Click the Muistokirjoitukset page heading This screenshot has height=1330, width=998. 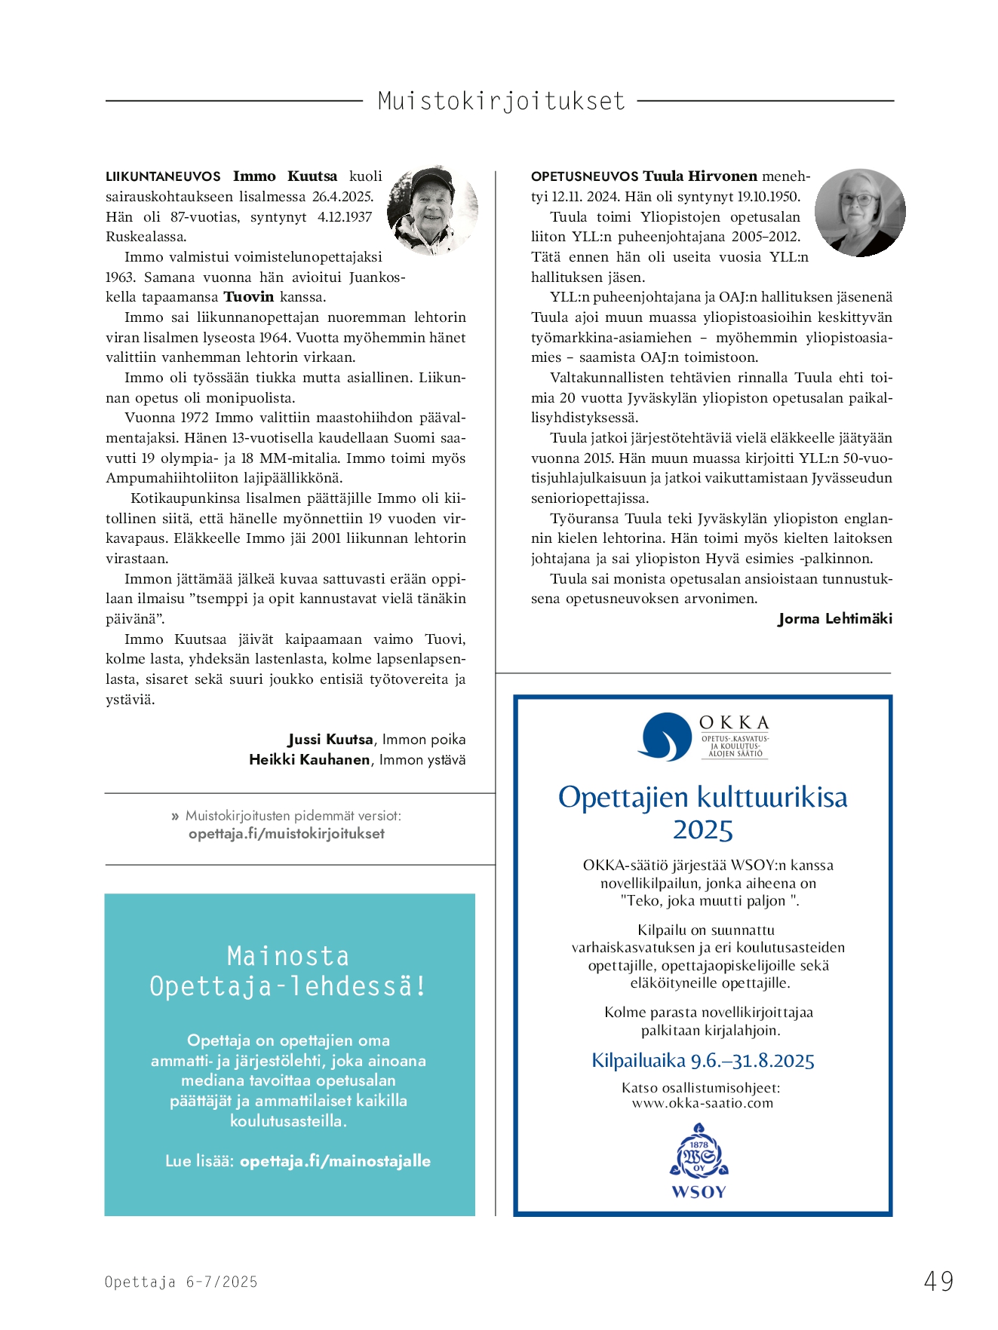tap(501, 101)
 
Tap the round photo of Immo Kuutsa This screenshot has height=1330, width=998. tap(432, 210)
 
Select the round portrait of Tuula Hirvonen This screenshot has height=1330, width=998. tap(860, 213)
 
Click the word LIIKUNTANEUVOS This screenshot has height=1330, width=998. tap(163, 176)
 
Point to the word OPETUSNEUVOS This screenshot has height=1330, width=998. tap(585, 176)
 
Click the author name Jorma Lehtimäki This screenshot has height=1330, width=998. tap(835, 619)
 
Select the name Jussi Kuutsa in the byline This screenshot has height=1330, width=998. tap(330, 740)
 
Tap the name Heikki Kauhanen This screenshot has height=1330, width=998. tap(309, 760)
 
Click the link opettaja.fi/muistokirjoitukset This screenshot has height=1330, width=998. tap(287, 834)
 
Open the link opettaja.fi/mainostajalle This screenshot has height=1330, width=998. tap(335, 1161)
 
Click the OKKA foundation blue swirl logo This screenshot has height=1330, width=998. tap(664, 737)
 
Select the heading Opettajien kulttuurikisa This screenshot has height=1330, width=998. tap(702, 798)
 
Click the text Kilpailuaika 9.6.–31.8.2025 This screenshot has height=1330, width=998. tap(702, 1061)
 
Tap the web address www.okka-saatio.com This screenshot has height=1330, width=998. tap(702, 1103)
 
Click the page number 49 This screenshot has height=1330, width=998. tap(938, 1281)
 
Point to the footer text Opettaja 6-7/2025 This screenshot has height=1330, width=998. tap(181, 1282)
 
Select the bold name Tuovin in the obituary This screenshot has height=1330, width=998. tap(248, 297)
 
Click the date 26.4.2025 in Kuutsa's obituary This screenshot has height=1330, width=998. tap(342, 197)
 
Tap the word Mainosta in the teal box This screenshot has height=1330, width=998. tap(288, 956)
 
